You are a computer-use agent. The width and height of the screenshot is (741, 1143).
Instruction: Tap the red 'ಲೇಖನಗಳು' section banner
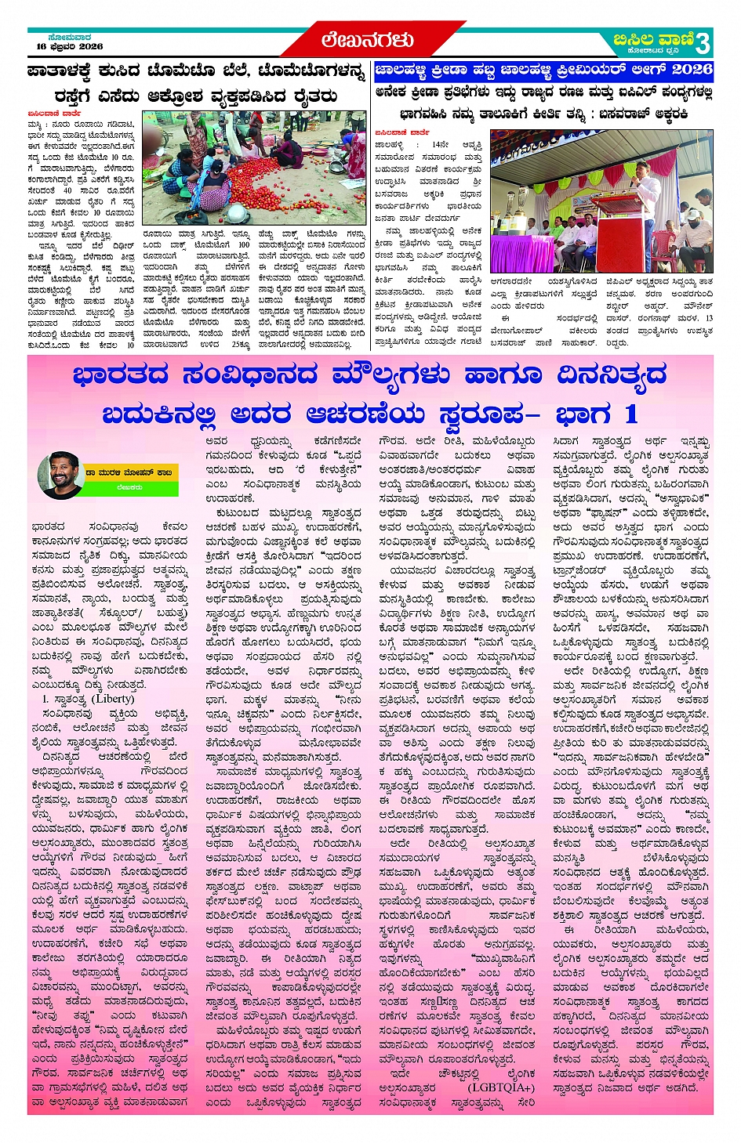[x=367, y=40]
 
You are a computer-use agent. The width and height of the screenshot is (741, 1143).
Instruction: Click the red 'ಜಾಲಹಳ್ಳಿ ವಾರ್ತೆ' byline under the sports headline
[x=401, y=132]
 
